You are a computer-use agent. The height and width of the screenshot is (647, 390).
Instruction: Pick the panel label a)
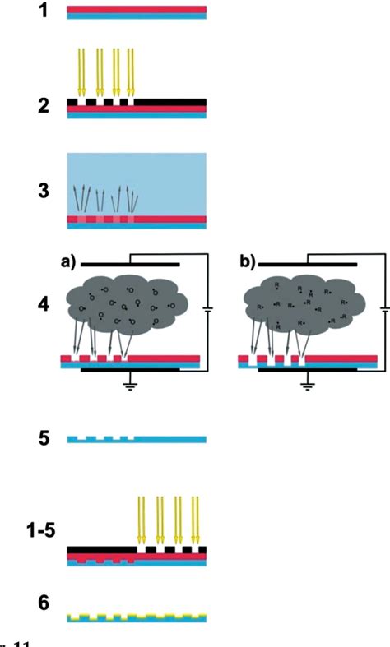68,263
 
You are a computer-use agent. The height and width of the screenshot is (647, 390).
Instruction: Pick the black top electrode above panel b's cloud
308,265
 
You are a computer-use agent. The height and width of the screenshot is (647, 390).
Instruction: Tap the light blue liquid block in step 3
136,177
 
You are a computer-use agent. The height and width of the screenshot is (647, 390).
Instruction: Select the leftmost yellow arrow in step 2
81,72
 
